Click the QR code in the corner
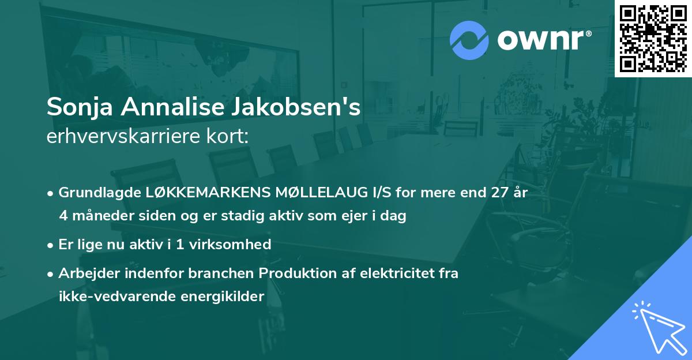pyautogui.click(x=653, y=38)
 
